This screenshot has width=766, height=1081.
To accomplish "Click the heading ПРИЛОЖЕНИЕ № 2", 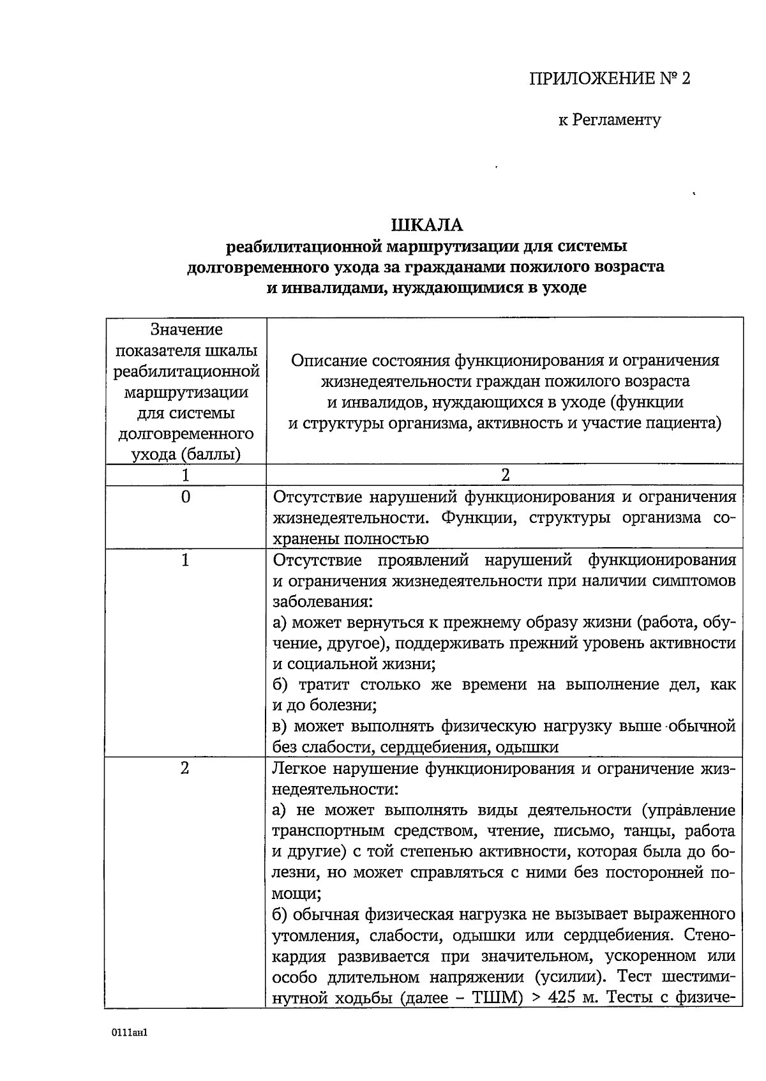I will click(610, 79).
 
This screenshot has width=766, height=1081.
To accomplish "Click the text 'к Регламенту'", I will click(610, 119).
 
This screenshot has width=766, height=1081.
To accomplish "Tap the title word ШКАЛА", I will click(426, 225).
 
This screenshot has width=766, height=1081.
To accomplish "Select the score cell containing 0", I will click(185, 497).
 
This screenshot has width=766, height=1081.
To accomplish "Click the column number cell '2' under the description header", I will click(505, 475).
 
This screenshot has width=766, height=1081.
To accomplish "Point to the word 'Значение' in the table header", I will click(186, 329).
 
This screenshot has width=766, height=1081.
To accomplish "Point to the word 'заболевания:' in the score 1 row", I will click(323, 602).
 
